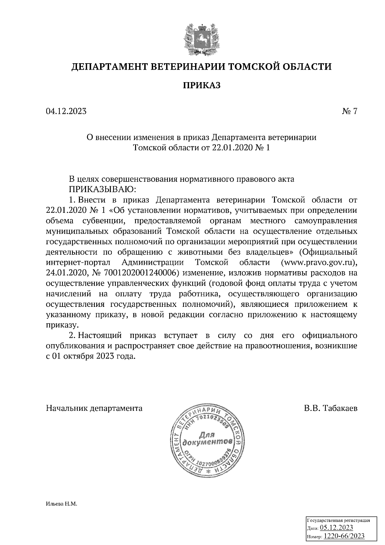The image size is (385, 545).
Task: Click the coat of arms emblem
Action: tap(202, 39)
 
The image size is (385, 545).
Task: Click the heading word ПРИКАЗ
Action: tap(201, 86)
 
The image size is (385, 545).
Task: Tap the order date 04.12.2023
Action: tap(66, 111)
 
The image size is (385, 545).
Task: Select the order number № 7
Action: tap(349, 111)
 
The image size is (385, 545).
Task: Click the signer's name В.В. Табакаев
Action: tap(331, 408)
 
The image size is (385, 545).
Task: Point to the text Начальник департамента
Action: tap(94, 408)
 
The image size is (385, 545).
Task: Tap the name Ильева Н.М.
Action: tap(62, 504)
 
